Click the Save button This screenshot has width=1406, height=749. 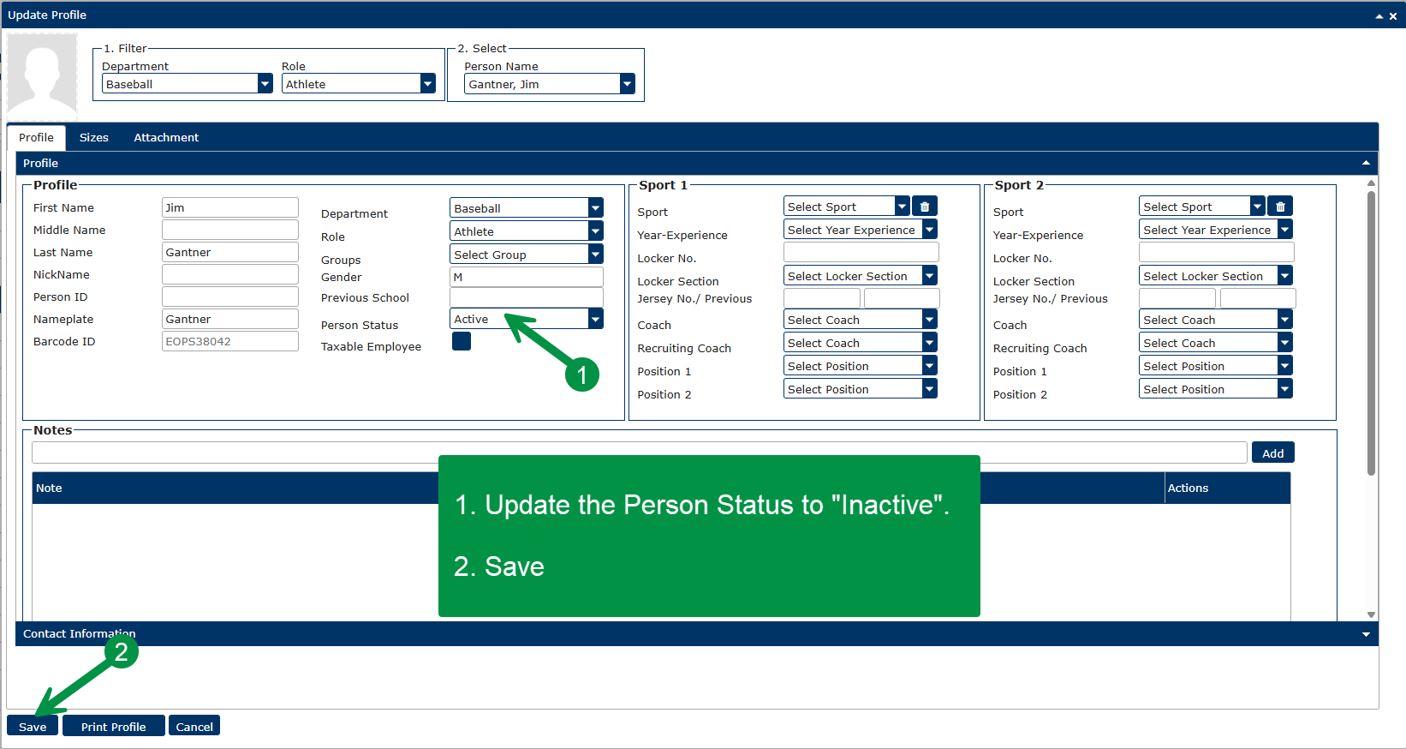(33, 726)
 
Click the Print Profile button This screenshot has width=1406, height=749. (114, 726)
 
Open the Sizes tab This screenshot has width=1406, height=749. (94, 138)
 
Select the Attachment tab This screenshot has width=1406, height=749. (166, 138)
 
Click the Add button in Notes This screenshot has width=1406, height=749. (1273, 453)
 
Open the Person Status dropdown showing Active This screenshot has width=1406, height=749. (526, 319)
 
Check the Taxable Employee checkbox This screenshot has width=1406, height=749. (462, 341)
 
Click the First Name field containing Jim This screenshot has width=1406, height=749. (229, 208)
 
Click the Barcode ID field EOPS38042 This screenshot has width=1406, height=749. (229, 341)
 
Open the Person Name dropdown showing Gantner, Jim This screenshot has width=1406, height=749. (549, 84)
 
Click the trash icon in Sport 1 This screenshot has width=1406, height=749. (925, 207)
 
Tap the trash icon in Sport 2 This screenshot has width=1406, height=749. (1280, 207)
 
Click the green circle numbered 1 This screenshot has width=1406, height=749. (582, 374)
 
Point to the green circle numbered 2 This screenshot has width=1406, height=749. (121, 651)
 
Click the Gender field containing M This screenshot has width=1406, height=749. (526, 277)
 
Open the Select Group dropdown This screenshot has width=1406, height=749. (526, 255)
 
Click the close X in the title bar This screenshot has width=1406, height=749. (1393, 16)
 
